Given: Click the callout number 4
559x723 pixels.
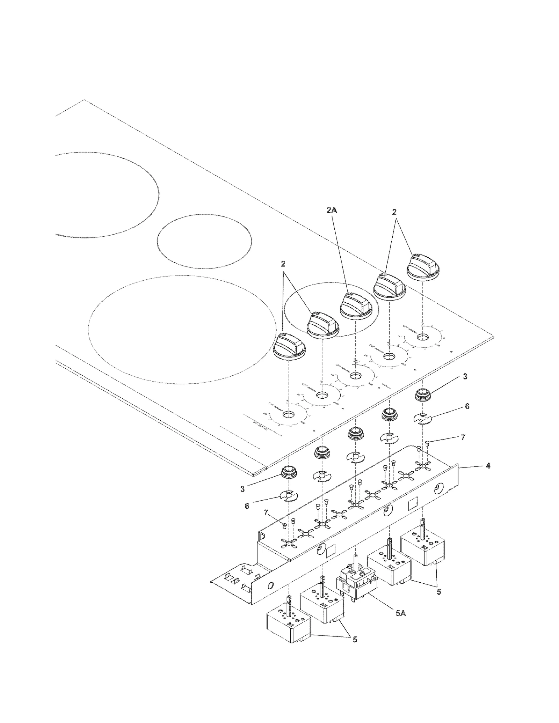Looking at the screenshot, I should tap(488, 466).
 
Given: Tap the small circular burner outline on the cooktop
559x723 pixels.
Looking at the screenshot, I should tap(204, 242).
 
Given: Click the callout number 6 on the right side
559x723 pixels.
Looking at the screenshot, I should tap(467, 406).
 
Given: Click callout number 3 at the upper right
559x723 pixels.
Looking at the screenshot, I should tap(465, 377).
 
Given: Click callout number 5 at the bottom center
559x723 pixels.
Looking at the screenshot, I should tap(355, 640).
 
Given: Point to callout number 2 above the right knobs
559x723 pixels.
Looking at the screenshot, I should tap(394, 212).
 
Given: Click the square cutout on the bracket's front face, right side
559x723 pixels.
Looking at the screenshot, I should tap(413, 503).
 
